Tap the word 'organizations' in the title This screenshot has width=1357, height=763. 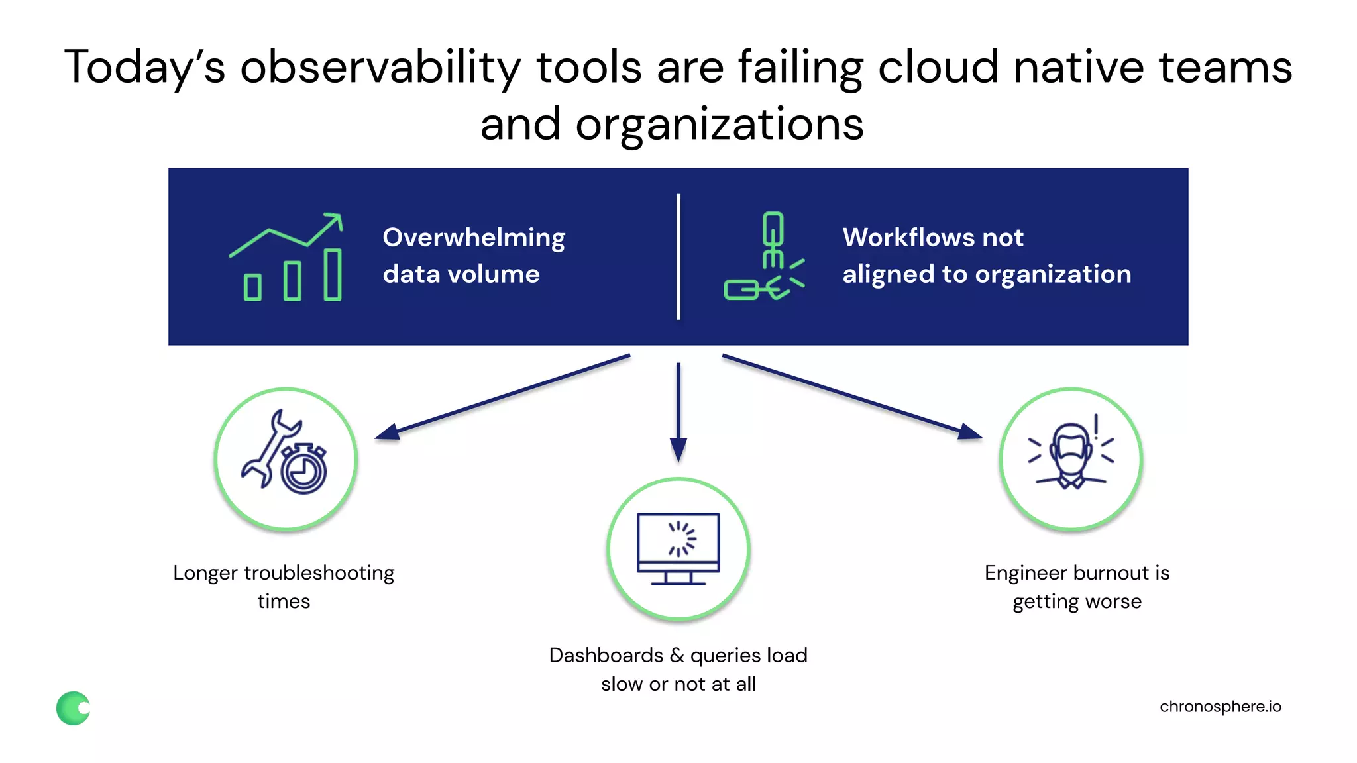[x=720, y=125]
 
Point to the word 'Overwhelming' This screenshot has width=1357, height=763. [x=474, y=238]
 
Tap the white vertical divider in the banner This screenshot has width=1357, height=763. [x=678, y=257]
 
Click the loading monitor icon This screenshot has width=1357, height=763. [x=678, y=548]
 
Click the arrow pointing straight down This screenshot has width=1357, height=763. [x=678, y=411]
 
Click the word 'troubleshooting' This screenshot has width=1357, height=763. [x=319, y=573]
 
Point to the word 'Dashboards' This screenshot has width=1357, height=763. [x=606, y=656]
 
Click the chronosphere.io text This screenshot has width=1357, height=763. [x=1220, y=707]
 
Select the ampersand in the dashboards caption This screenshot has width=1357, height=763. [x=677, y=656]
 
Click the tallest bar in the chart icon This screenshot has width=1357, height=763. [x=333, y=274]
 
